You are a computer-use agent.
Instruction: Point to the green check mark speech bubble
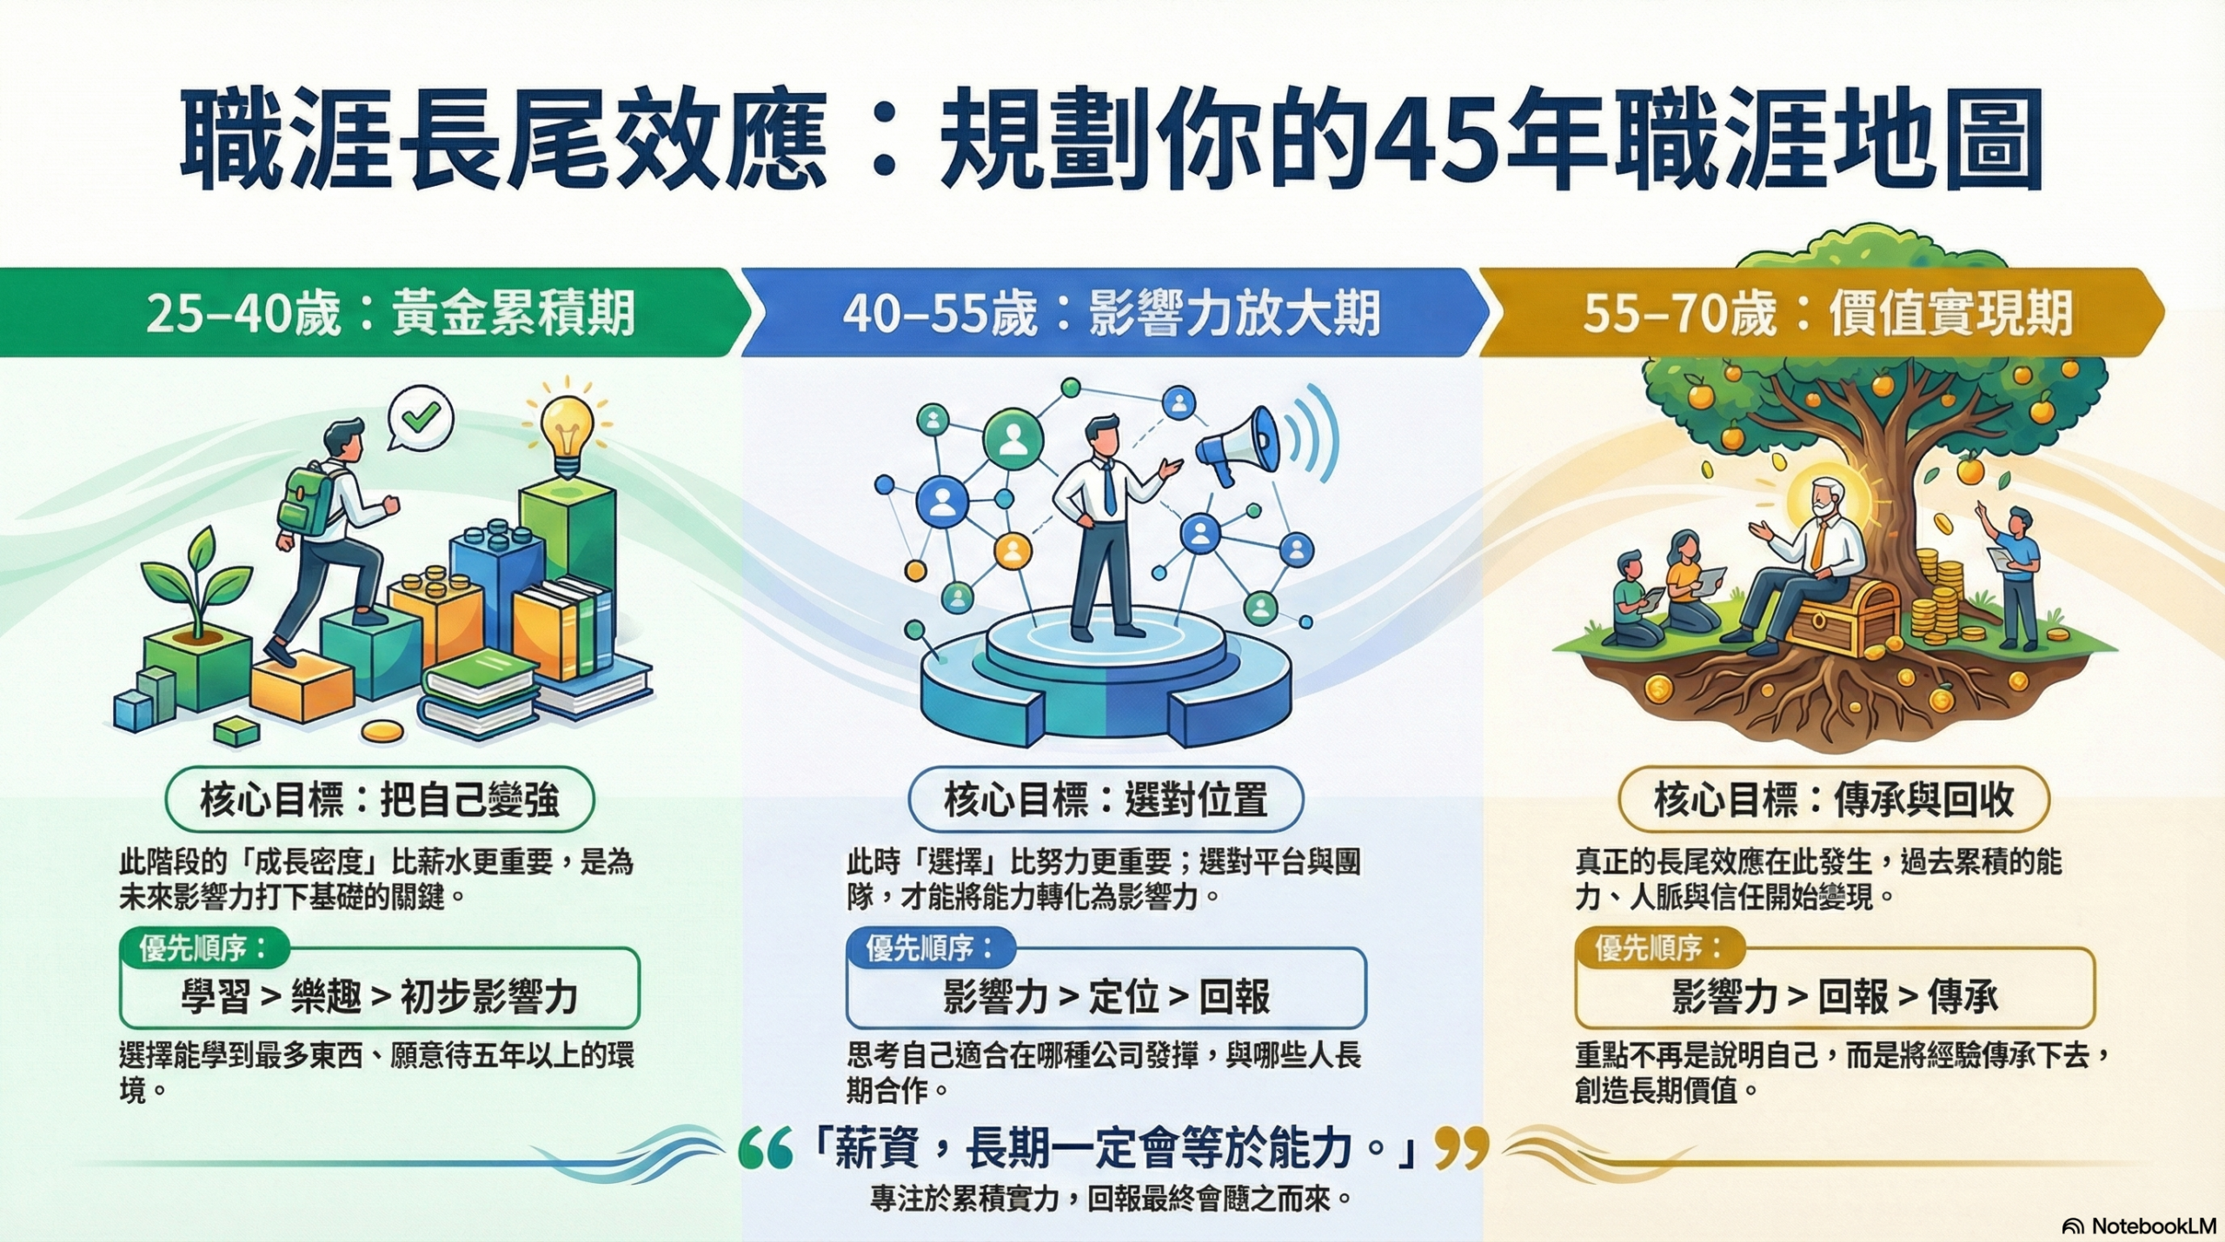(x=421, y=420)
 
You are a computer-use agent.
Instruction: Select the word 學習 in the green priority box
(x=216, y=998)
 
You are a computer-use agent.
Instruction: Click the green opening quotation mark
(x=765, y=1149)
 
